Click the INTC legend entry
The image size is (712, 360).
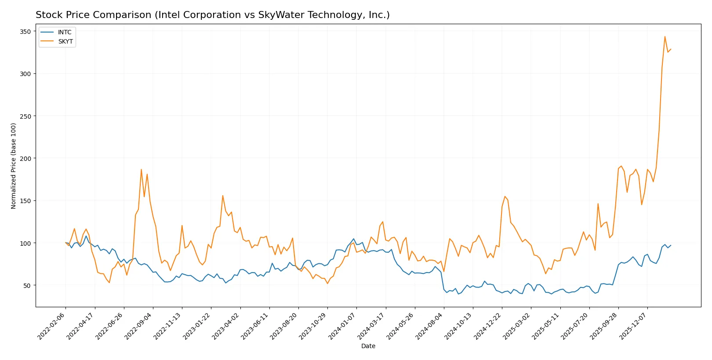click(x=64, y=33)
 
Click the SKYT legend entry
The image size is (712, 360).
click(x=65, y=42)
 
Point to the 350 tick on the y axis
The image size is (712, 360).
click(x=25, y=32)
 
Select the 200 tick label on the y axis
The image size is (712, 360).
click(x=25, y=159)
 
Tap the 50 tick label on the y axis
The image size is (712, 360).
click(x=27, y=286)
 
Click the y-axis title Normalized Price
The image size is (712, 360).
click(x=14, y=166)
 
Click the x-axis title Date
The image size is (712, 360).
click(x=368, y=346)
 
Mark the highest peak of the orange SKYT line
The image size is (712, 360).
click(x=665, y=36)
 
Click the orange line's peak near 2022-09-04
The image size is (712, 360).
click(x=141, y=169)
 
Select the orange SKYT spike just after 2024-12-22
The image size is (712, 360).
click(x=505, y=196)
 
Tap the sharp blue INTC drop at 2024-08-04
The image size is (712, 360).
click(x=444, y=290)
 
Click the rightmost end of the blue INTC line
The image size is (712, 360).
click(x=671, y=245)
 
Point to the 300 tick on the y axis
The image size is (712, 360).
click(x=25, y=74)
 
